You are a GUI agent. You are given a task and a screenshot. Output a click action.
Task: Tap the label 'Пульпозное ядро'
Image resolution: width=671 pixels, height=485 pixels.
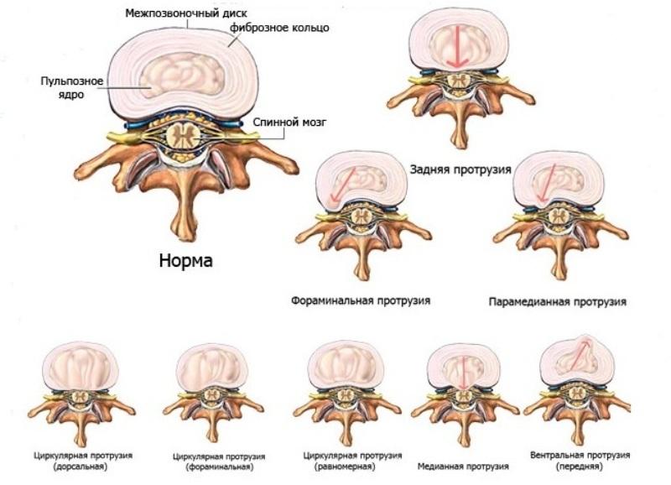pos(72,87)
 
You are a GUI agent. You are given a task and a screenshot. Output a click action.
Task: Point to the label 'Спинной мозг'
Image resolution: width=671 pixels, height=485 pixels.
pos(290,122)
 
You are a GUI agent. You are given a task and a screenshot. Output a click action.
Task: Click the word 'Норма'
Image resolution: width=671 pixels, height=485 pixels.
pos(185,260)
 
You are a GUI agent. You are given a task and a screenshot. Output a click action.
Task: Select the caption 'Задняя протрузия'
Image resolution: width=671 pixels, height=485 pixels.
pos(460,168)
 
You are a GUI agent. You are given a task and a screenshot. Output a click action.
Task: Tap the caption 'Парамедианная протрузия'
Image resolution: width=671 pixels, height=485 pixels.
pos(557,300)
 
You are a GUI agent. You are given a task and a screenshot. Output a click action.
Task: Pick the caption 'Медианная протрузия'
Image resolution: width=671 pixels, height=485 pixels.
pos(463,466)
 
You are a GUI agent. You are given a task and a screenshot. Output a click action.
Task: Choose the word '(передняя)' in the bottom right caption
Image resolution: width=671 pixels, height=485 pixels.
pos(580,467)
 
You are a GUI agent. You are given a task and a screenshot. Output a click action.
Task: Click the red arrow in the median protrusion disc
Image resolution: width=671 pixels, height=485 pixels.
pos(460,370)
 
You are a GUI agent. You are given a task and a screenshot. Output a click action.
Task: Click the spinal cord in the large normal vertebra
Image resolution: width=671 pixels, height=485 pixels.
pos(182,135)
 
